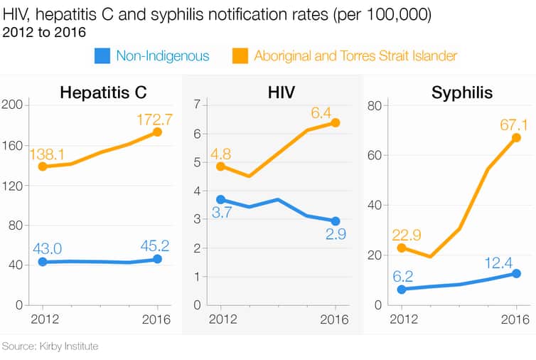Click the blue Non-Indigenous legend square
(102, 55)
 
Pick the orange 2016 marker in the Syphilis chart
(516, 138)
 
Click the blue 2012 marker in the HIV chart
(220, 200)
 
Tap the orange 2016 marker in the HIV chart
(336, 123)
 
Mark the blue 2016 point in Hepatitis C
(157, 260)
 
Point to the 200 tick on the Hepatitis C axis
(14, 105)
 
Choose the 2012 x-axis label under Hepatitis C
(43, 319)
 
